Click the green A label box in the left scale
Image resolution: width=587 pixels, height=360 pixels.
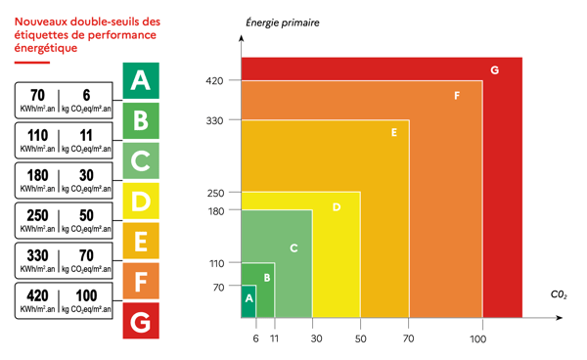(141, 79)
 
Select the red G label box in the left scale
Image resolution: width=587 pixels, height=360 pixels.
(141, 321)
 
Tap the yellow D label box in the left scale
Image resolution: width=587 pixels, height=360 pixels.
(141, 201)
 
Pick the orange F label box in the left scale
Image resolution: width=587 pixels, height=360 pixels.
(141, 282)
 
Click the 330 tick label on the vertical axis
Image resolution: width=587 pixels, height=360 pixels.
(215, 120)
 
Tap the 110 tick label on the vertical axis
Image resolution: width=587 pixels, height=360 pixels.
(216, 263)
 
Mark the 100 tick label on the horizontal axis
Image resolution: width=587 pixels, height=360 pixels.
(477, 338)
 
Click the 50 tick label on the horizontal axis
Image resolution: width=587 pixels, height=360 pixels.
(360, 338)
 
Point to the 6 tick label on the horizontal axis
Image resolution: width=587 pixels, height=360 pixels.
(255, 338)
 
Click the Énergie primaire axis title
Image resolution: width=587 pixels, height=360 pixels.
(281, 22)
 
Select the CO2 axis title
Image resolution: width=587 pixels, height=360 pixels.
(558, 293)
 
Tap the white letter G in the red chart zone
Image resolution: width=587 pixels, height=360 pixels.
(495, 70)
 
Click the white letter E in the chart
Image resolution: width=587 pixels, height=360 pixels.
(393, 132)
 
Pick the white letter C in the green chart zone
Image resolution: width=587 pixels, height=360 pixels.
(293, 248)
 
